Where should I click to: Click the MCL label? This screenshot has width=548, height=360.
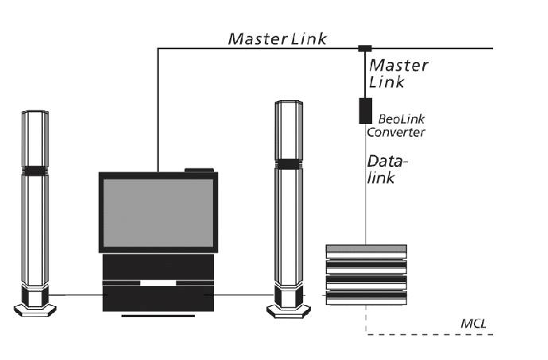pyautogui.click(x=473, y=323)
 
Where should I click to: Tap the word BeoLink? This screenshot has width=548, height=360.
pyautogui.click(x=401, y=119)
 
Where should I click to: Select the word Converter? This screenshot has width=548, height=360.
pyautogui.click(x=396, y=133)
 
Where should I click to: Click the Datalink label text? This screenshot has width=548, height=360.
pyautogui.click(x=387, y=169)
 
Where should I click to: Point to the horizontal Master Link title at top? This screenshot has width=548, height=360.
pyautogui.click(x=278, y=39)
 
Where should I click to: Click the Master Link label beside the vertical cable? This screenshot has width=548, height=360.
pyautogui.click(x=398, y=74)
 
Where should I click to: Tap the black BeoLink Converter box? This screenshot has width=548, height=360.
pyautogui.click(x=366, y=110)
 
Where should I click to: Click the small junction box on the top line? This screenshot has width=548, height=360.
pyautogui.click(x=365, y=48)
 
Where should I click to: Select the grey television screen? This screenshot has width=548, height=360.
pyautogui.click(x=158, y=213)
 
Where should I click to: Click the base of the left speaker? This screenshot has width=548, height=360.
pyautogui.click(x=35, y=310)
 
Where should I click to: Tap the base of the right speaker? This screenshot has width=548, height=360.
pyautogui.click(x=289, y=311)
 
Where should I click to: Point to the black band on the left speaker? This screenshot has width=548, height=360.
pyautogui.click(x=35, y=171)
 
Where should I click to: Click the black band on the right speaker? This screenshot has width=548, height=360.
pyautogui.click(x=289, y=165)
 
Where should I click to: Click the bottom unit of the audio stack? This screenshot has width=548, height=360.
pyautogui.click(x=367, y=298)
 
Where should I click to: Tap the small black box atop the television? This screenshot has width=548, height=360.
pyautogui.click(x=199, y=170)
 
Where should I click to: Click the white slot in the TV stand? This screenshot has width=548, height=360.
pyautogui.click(x=158, y=283)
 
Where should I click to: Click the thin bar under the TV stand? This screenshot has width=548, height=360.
pyautogui.click(x=158, y=316)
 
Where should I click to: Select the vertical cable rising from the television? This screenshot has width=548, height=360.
pyautogui.click(x=158, y=110)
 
